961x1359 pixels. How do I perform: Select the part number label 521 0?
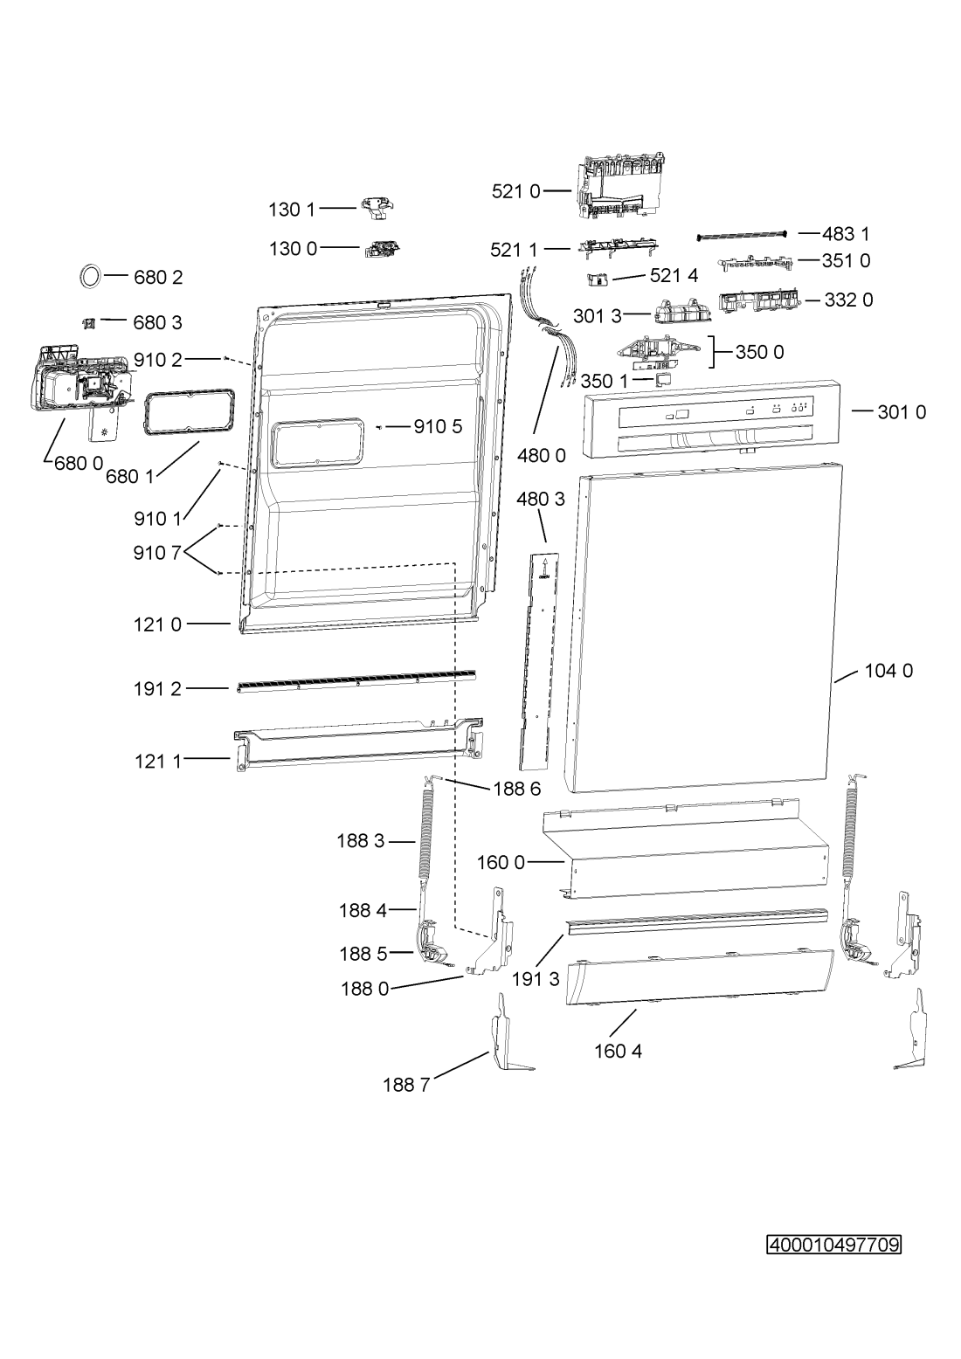point(515,192)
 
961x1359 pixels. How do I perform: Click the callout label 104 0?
point(888,671)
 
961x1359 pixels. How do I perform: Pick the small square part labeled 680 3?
point(89,322)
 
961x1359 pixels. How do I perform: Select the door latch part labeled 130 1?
point(379,208)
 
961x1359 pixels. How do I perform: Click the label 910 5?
point(438,427)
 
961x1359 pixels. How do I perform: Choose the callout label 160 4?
point(619,1052)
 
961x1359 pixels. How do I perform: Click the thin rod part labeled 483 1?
point(742,236)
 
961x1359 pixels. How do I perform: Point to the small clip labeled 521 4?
point(598,279)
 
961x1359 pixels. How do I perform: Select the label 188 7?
point(406,1085)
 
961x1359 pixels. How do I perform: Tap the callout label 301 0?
point(902,412)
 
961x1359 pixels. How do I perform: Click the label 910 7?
point(157,553)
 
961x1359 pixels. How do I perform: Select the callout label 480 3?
point(541,500)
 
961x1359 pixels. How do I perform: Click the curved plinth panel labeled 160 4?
point(700,977)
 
